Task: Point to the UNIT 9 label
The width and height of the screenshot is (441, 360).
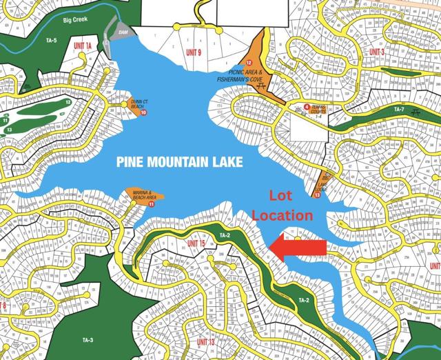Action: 194,52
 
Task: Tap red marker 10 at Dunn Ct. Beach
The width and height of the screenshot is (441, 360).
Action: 143,112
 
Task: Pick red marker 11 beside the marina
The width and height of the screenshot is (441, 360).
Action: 151,205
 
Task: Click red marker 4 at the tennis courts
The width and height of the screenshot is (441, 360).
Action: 307,106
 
